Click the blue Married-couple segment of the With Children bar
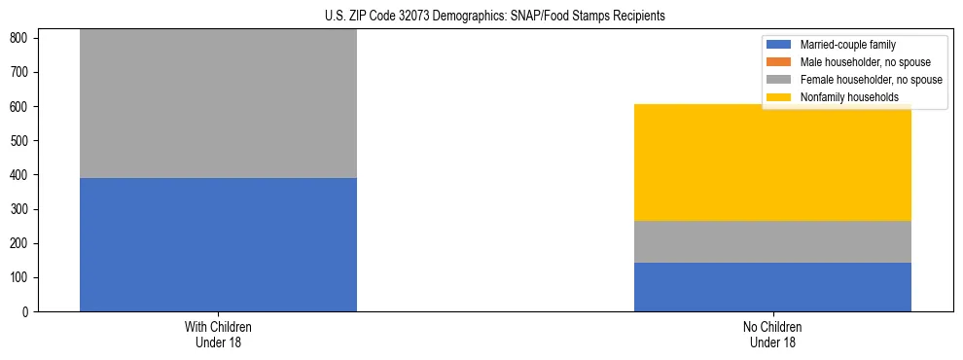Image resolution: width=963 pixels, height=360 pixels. (218, 244)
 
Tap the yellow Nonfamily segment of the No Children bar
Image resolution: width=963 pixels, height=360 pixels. (772, 162)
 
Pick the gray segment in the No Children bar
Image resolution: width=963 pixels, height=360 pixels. (772, 241)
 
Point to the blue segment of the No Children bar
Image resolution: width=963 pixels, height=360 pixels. (772, 287)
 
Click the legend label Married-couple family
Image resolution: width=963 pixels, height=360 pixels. (848, 45)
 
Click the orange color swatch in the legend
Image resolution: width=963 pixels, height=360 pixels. (780, 62)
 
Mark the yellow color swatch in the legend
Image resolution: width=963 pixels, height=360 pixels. (780, 97)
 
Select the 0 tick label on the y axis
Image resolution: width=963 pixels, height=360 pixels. (29, 312)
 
